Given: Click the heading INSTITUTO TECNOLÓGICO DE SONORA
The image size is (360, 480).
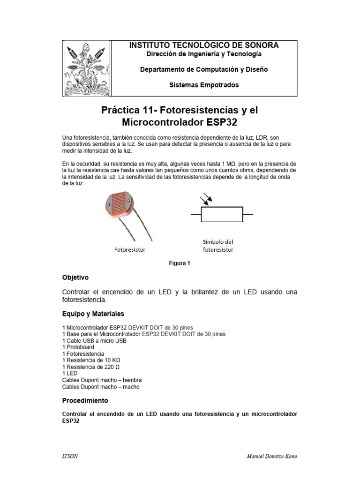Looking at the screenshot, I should click(x=203, y=45).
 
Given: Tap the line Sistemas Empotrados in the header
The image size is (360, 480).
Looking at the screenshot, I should click(x=203, y=85).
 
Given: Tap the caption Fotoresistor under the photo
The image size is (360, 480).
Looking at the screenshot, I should click(x=130, y=250).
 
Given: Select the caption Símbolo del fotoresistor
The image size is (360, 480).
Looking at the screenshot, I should click(x=217, y=246).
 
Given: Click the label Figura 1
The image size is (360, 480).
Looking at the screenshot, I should click(x=180, y=263).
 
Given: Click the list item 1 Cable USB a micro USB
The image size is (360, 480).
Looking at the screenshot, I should click(x=94, y=341).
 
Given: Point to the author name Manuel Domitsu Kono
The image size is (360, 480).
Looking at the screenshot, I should click(x=271, y=457).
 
